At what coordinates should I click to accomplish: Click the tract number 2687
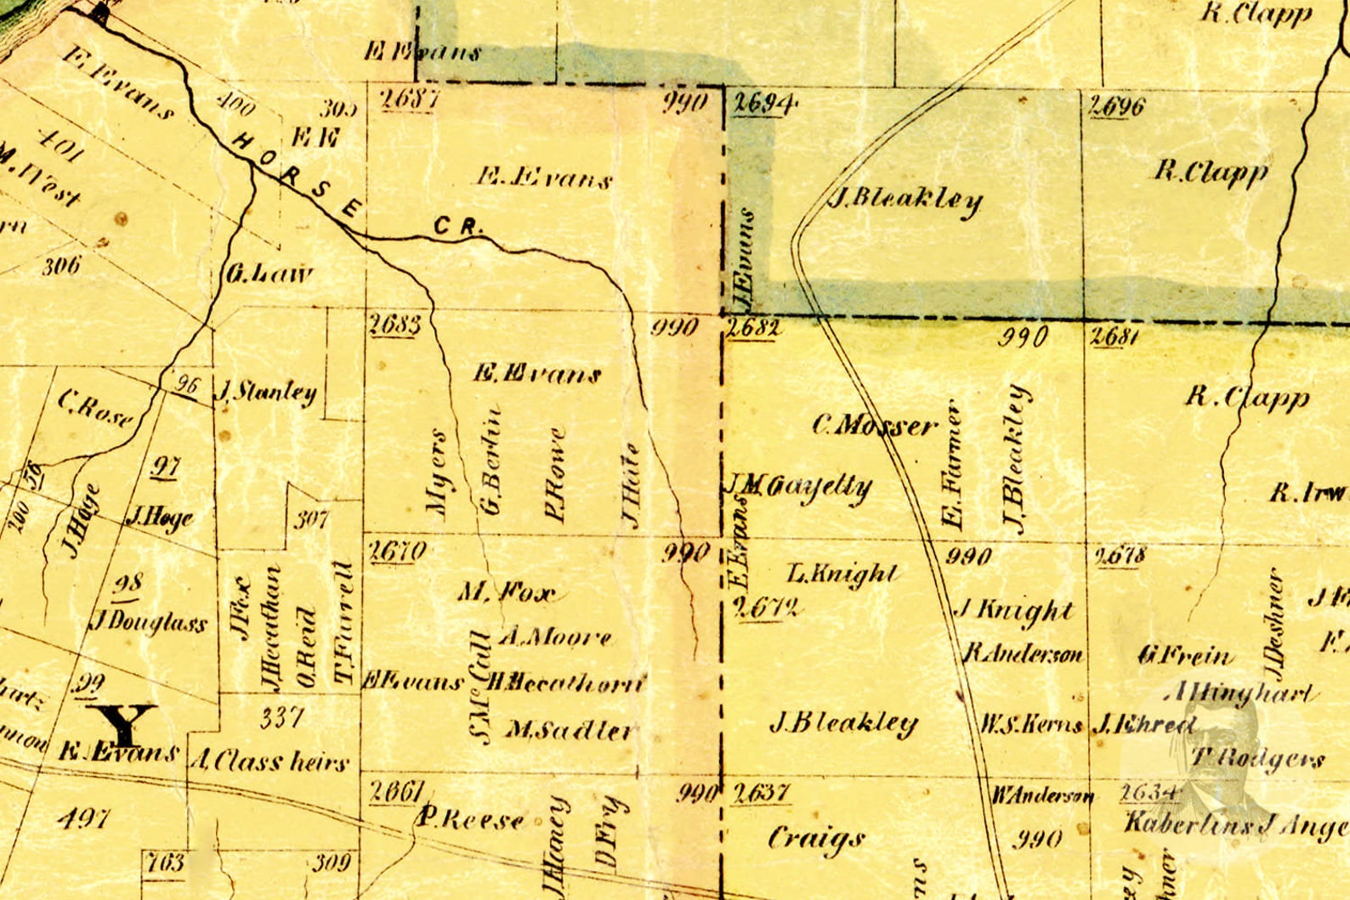pos(410,99)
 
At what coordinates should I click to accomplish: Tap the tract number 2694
pos(763,104)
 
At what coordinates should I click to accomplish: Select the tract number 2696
pos(1117,106)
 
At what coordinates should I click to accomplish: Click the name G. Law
pos(269,274)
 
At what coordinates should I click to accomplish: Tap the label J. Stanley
pos(267,392)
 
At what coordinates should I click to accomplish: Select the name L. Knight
pos(842,574)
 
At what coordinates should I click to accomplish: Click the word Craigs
pos(816,839)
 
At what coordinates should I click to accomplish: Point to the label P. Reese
pos(470,819)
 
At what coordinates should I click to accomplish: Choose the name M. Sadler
pos(570,729)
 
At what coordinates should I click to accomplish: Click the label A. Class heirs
pos(269,760)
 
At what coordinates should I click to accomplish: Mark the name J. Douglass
pos(149,622)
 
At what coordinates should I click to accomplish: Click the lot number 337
pos(281,718)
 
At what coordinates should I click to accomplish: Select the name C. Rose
pos(95,409)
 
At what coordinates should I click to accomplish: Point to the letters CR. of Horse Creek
pos(458,227)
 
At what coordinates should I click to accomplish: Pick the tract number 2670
pos(398,552)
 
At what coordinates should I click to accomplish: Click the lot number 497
pos(84,818)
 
